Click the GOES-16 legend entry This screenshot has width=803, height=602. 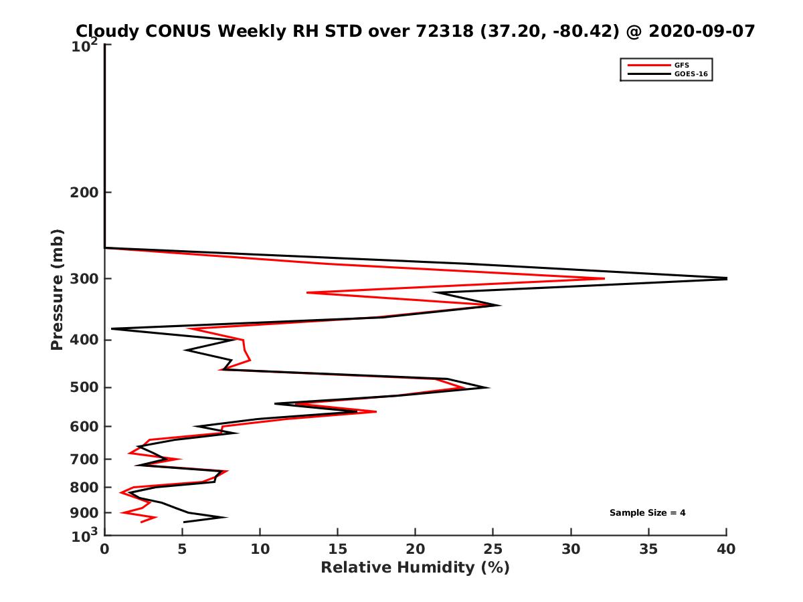(x=690, y=74)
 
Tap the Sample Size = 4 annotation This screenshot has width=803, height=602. (x=647, y=513)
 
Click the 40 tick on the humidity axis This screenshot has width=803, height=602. (x=726, y=550)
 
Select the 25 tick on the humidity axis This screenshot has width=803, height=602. (x=493, y=550)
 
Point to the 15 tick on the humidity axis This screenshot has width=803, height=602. (x=338, y=550)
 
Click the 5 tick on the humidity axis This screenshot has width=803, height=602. (x=182, y=550)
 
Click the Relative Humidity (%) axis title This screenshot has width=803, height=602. (x=415, y=568)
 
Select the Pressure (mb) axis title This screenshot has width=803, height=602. (x=57, y=289)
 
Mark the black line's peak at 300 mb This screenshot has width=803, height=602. (x=725, y=278)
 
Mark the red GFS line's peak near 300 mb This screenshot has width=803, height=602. (x=604, y=278)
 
